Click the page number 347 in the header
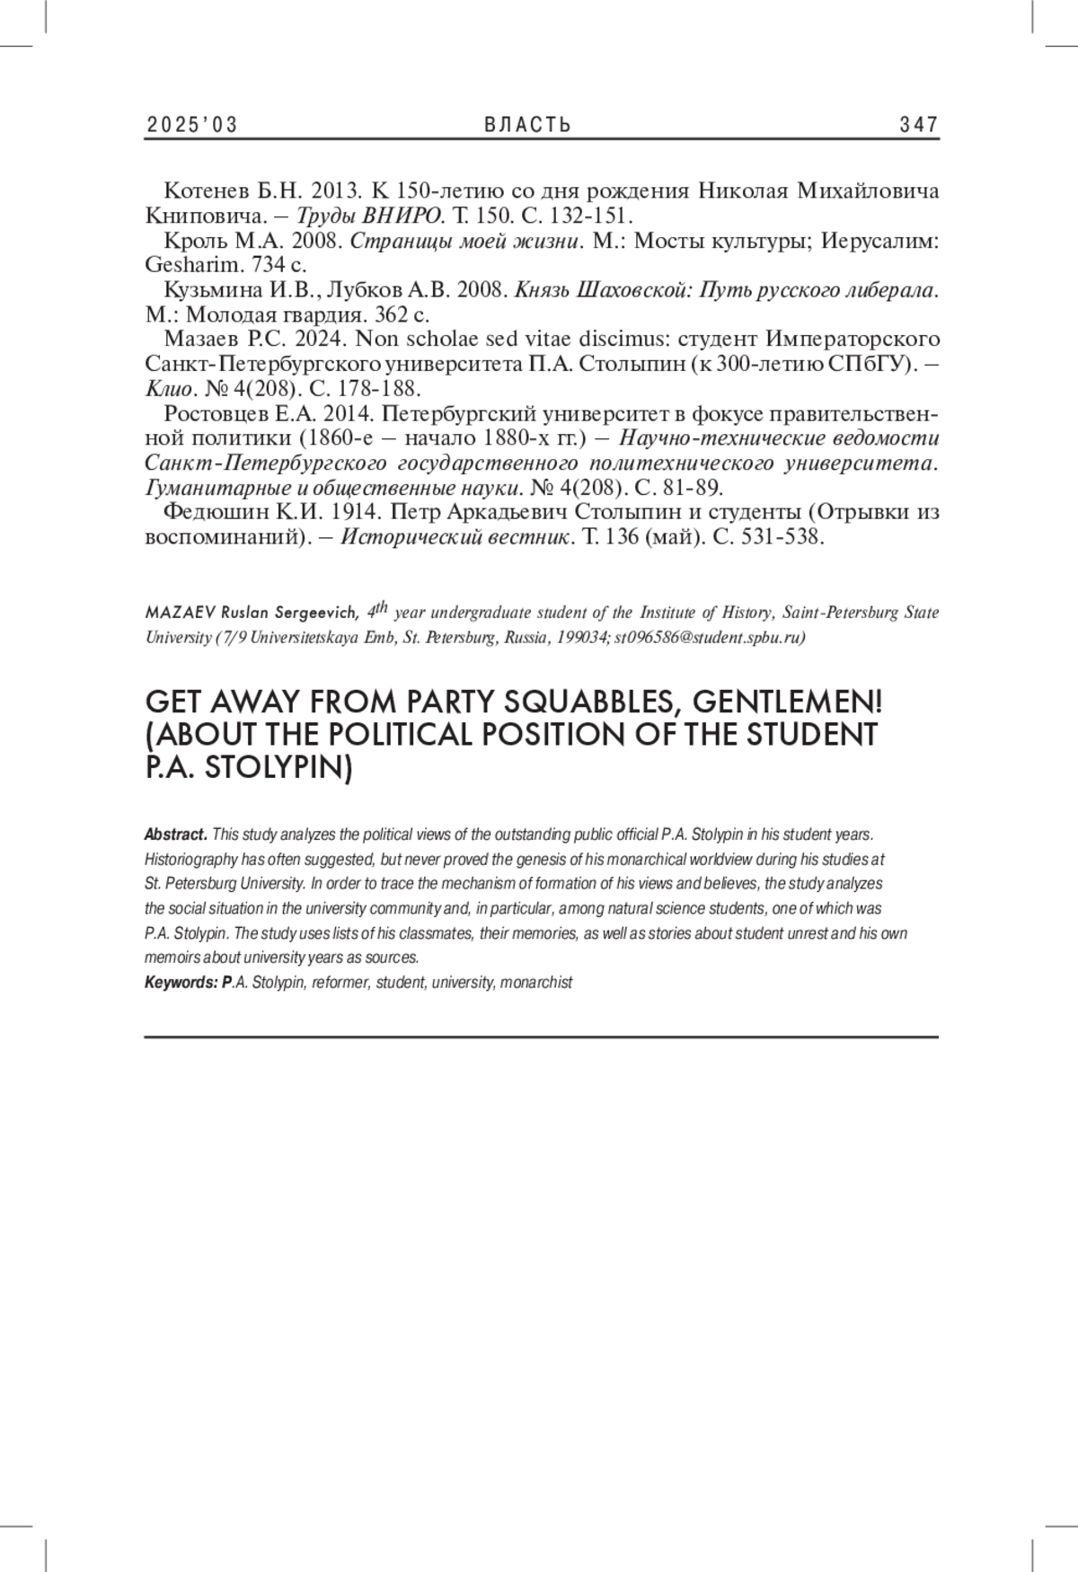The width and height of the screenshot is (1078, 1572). [x=918, y=125]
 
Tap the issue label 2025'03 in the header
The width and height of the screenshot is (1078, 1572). [x=192, y=125]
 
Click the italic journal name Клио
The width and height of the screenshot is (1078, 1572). [x=169, y=389]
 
